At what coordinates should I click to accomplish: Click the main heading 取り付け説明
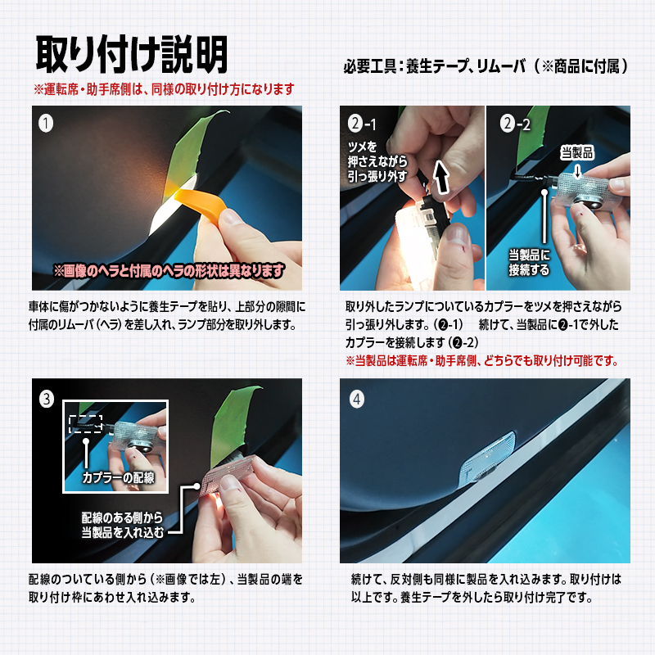tap(132, 54)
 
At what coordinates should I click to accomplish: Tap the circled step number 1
tap(46, 124)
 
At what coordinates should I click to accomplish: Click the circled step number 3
tap(47, 399)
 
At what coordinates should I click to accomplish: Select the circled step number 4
tap(356, 400)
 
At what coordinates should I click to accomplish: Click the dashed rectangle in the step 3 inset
tap(85, 424)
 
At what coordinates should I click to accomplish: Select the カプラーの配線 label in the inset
tap(118, 477)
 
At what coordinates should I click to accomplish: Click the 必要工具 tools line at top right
tap(486, 66)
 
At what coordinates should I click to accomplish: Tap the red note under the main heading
tap(165, 89)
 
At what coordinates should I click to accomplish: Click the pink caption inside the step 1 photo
tap(169, 271)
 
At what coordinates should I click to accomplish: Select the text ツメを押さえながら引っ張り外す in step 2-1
tap(377, 161)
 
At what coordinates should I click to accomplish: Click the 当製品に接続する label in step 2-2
tap(529, 262)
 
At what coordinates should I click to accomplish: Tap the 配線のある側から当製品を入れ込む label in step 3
tap(122, 525)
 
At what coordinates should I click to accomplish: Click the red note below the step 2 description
tap(481, 360)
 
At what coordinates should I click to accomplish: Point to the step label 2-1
tap(362, 124)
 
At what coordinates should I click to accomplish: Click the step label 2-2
tap(515, 124)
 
